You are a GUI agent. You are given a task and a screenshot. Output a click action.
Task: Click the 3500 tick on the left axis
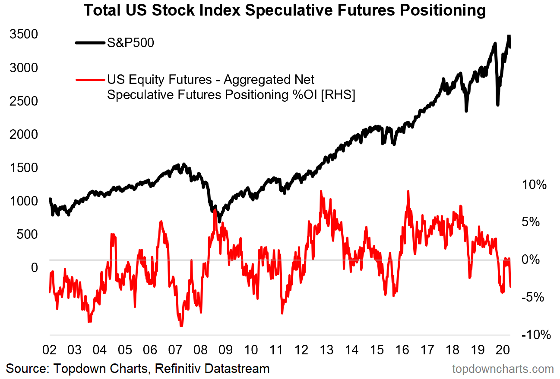pyautogui.click(x=24, y=34)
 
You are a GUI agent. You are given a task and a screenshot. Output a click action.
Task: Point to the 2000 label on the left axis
pyautogui.click(x=24, y=134)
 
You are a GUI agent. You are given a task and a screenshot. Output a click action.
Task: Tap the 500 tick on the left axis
pyautogui.click(x=27, y=234)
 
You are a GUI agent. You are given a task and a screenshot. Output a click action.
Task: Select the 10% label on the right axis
pyautogui.click(x=534, y=185)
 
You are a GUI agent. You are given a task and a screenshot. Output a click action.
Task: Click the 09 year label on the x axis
pyautogui.click(x=225, y=350)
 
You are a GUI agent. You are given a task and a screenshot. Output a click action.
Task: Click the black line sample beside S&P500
pyautogui.click(x=90, y=42)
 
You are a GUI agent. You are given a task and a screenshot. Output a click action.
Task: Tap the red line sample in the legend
pyautogui.click(x=90, y=80)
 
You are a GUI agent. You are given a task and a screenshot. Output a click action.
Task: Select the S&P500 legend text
pyautogui.click(x=130, y=42)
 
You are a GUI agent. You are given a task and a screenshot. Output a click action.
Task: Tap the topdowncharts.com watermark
pyautogui.click(x=503, y=369)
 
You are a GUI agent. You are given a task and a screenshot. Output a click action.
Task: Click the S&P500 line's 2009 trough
pyautogui.click(x=219, y=221)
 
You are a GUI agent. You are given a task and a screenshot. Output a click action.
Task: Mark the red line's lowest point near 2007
pyautogui.click(x=181, y=325)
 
